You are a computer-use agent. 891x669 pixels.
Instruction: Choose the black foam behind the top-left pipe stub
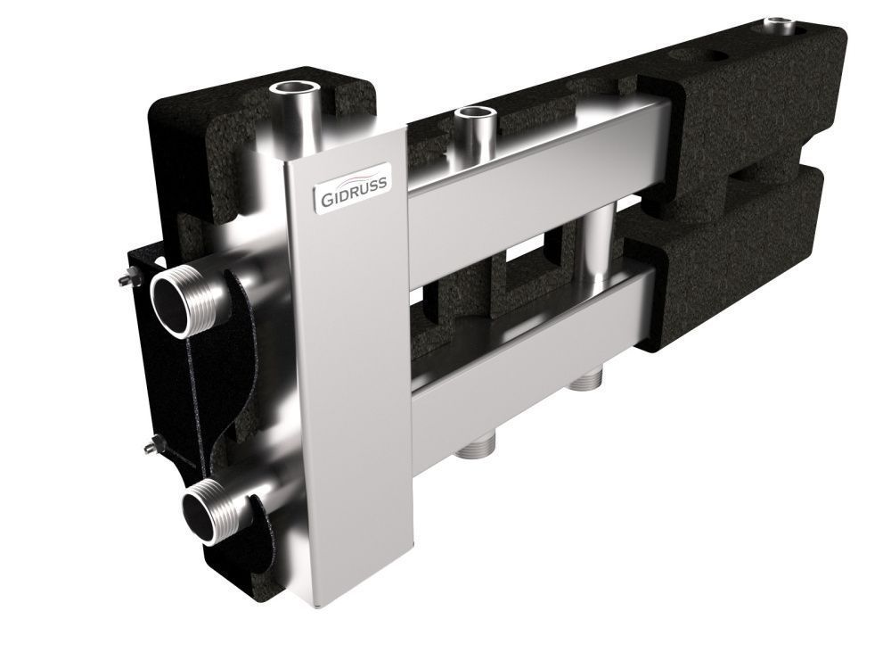[x=339, y=89]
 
